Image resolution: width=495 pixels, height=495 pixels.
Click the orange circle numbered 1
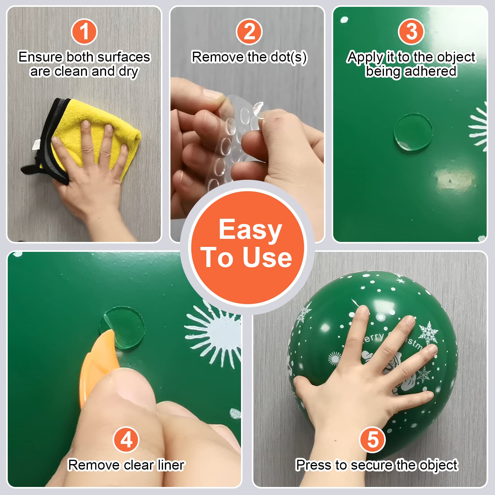84,32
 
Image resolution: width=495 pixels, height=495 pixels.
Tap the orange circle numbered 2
249,32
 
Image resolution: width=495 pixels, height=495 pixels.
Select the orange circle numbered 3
411,32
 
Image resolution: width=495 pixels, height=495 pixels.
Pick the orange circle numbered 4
126,440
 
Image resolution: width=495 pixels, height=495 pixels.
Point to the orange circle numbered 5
372,440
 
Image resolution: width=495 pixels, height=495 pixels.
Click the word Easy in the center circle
250,230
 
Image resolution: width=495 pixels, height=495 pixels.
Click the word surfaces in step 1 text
123,57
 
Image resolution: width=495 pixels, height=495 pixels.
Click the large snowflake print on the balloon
428,333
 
